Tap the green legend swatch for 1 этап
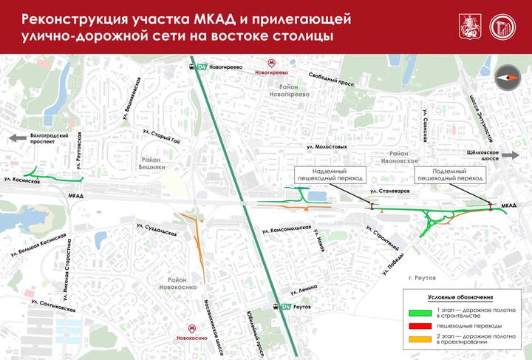423,312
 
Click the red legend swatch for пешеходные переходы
423,325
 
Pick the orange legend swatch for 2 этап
423,339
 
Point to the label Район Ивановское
400,156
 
